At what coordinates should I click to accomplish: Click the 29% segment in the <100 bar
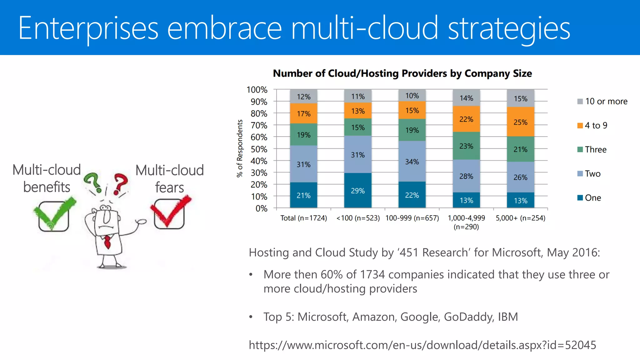click(x=358, y=190)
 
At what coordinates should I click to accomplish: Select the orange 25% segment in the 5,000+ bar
click(x=520, y=122)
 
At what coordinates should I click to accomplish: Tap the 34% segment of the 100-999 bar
click(x=412, y=162)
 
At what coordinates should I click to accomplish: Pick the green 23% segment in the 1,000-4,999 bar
click(x=466, y=146)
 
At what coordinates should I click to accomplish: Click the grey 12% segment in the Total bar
click(x=303, y=97)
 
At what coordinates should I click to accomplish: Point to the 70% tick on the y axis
click(x=259, y=125)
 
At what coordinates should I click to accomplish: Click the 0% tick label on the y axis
click(x=261, y=208)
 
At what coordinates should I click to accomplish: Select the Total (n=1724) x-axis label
click(x=303, y=218)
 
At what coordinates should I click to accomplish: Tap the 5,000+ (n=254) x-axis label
click(x=520, y=218)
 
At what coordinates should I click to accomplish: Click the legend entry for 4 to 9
click(x=592, y=125)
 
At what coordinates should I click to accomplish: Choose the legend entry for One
click(x=589, y=198)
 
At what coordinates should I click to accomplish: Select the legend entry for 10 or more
click(x=602, y=101)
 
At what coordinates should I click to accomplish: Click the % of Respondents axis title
click(x=240, y=148)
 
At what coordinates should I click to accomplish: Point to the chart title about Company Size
click(x=402, y=73)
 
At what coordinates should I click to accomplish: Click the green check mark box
click(x=54, y=216)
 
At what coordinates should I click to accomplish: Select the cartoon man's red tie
click(x=107, y=242)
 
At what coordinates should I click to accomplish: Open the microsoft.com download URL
click(x=422, y=345)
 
